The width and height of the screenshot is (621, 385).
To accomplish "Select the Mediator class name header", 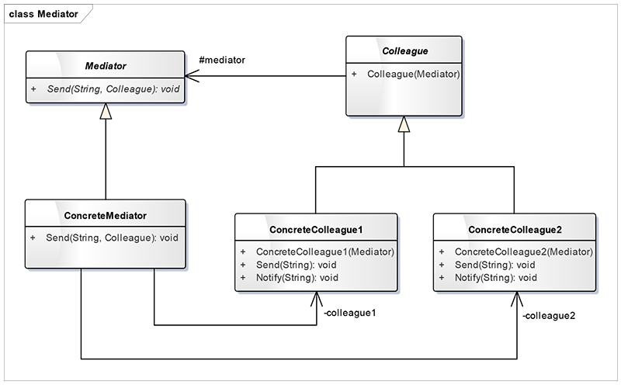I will tap(106, 68).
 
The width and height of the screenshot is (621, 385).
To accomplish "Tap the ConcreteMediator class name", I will tap(106, 214).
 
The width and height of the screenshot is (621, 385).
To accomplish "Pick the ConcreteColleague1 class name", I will tap(316, 231).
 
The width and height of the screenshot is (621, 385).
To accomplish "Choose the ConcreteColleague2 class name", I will tap(515, 231).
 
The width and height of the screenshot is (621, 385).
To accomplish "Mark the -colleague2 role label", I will tap(548, 316).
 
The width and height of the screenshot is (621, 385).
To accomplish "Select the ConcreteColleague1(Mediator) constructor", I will tap(324, 252).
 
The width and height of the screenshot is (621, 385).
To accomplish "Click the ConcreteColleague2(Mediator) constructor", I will tap(523, 252).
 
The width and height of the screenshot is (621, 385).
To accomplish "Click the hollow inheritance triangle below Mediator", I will tap(106, 112).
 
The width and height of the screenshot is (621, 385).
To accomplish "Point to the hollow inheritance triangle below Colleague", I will tap(404, 124).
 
